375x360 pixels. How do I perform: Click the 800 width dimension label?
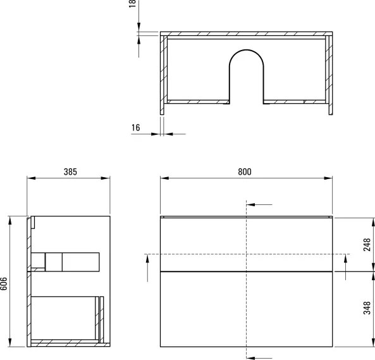[x=245, y=171]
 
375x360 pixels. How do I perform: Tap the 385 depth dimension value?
[x=71, y=171]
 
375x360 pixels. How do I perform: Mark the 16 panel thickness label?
[x=135, y=128]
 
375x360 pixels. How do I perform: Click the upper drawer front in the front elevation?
[x=246, y=244]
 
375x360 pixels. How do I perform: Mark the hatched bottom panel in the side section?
[x=66, y=344]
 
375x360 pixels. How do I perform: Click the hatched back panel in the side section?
[x=29, y=285]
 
